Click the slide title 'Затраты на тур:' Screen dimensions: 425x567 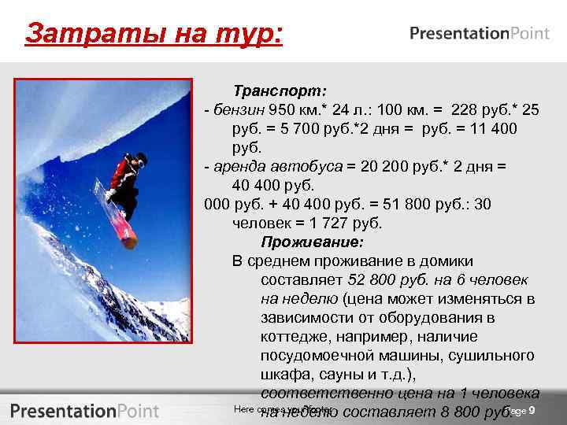point(154,35)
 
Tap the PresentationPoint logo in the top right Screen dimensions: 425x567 point(478,34)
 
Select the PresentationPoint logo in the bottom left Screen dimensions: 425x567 point(84,410)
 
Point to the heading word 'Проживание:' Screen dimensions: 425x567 point(312,242)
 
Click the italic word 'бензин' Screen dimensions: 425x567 point(238,109)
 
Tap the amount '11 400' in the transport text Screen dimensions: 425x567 point(496,128)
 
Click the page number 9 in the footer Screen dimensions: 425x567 point(532,412)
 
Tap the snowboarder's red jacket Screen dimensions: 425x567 point(123,172)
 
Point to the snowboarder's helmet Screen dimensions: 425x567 point(141,157)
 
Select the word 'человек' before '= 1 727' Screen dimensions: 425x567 point(261,223)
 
